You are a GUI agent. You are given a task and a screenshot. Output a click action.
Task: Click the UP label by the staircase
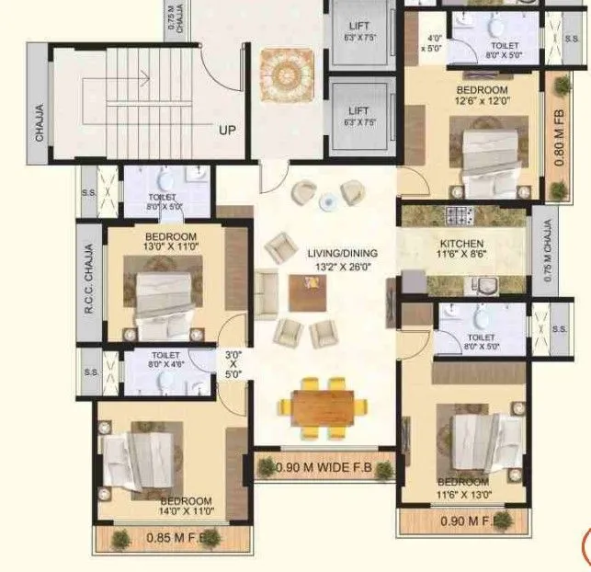[x=227, y=131]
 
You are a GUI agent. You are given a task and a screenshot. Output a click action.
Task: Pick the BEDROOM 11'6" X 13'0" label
[x=463, y=488]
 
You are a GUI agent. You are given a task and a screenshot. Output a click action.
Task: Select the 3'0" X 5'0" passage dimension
[x=233, y=363]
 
